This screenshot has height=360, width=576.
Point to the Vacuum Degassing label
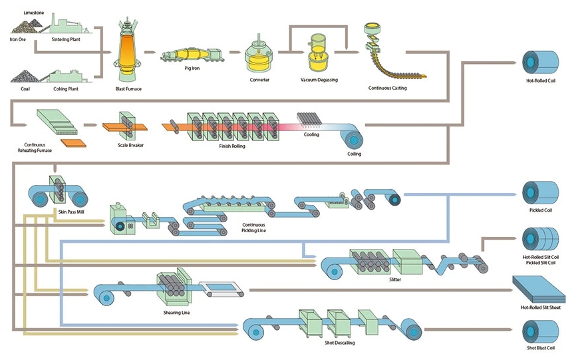point(319,80)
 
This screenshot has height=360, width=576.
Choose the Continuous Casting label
point(388,88)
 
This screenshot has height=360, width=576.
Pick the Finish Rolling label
point(232,146)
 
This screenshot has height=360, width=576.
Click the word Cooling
point(311,134)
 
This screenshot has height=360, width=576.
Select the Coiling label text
point(355,154)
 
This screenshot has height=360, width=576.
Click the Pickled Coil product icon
point(539,194)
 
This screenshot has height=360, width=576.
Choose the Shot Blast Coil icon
point(539,331)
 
